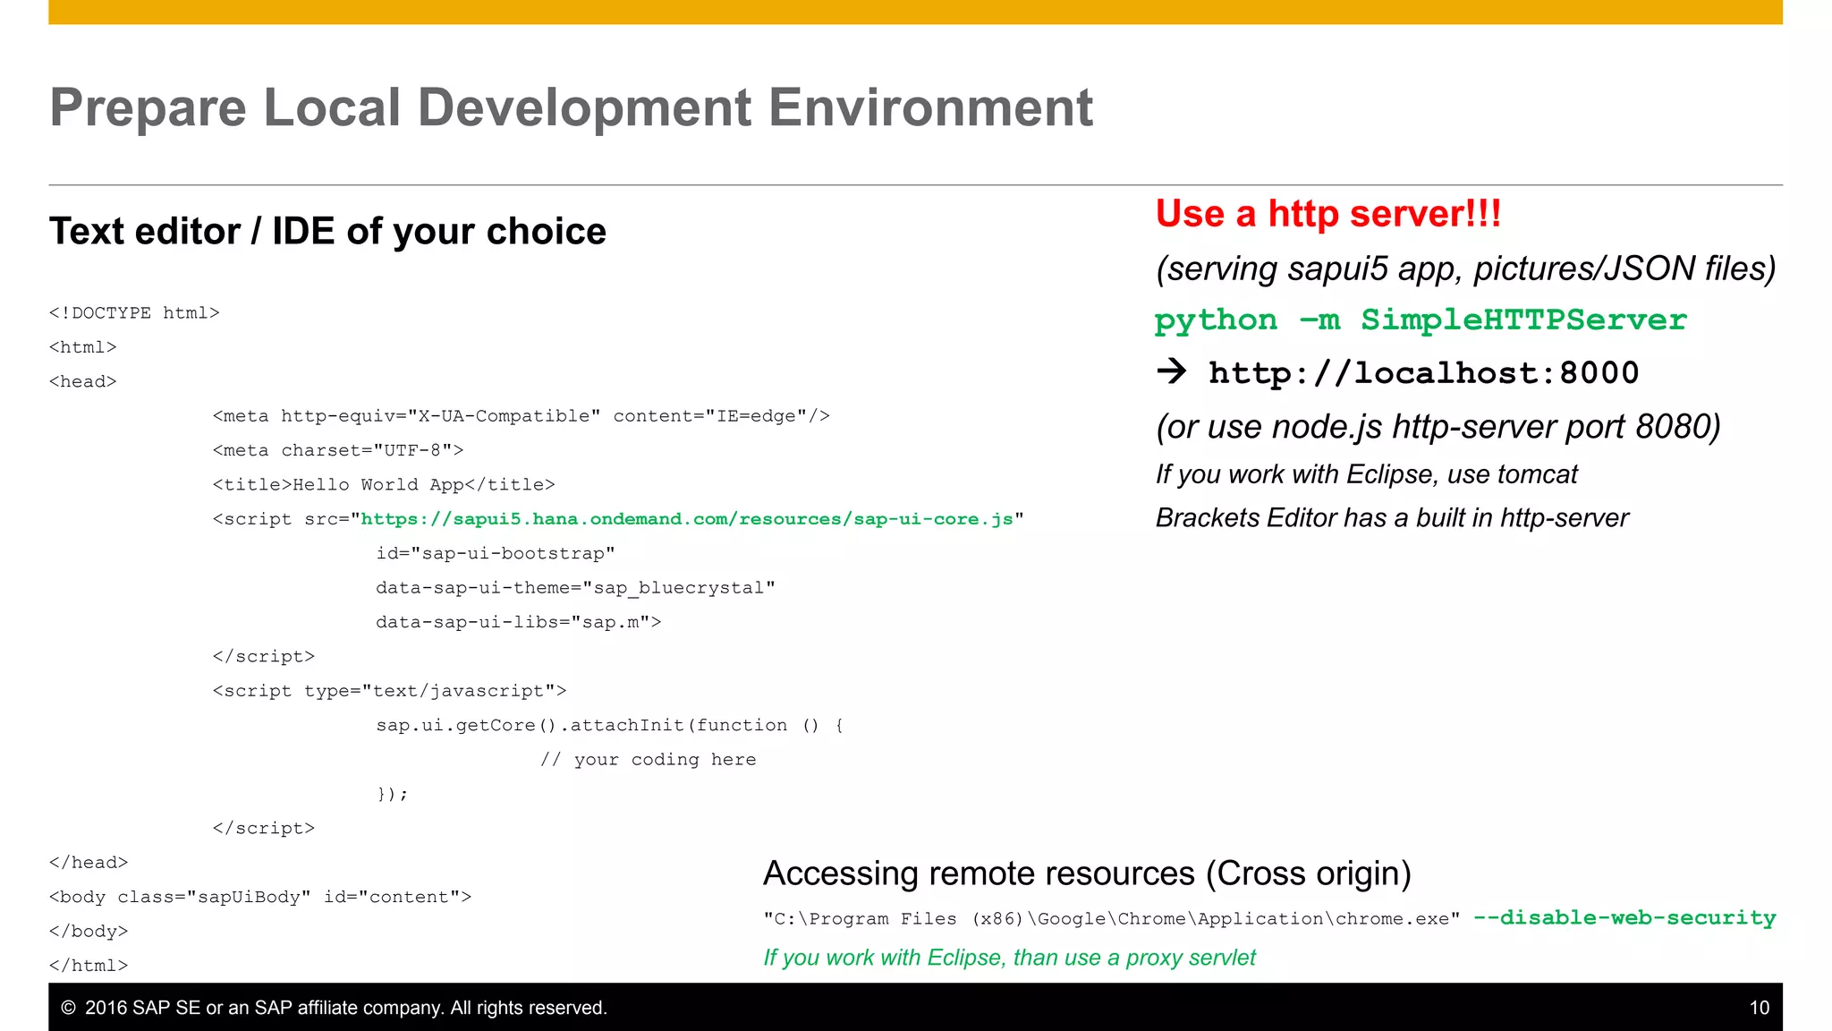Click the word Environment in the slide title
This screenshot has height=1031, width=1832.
pos(930,108)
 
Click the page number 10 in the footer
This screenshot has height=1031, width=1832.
pos(1759,1008)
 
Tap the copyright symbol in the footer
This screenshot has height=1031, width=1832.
pos(68,1008)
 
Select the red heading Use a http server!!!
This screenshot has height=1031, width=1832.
pos(1327,214)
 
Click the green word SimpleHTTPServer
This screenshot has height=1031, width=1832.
pos(1523,320)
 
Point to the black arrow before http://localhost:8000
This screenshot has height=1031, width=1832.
pos(1172,371)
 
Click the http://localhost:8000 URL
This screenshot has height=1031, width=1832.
pos(1423,373)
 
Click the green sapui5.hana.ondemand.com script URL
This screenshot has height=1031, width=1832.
pos(686,519)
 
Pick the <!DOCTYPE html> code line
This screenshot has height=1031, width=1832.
pos(134,313)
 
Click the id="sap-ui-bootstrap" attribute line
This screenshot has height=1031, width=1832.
pos(495,553)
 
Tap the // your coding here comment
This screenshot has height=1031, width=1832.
pos(648,760)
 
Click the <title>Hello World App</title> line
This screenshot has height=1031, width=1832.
pos(383,485)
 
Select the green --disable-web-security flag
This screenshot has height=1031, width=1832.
pos(1624,918)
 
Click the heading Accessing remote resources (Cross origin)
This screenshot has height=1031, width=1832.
pos(1086,873)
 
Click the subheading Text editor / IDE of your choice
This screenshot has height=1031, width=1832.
pos(327,232)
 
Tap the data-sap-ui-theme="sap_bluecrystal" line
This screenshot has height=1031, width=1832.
pos(575,588)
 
